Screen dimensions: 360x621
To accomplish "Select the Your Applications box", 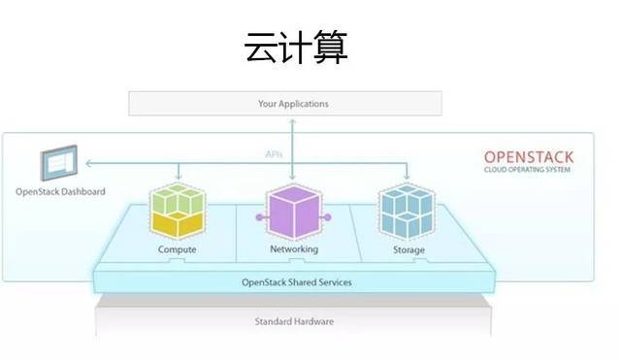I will [293, 103].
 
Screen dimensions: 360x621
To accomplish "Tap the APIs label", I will [274, 154].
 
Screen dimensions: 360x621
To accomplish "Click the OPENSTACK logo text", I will [528, 157].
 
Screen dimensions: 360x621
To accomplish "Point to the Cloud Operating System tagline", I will [528, 170].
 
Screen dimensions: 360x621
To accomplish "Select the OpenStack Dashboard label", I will [60, 191].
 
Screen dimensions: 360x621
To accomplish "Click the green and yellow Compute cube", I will [177, 208].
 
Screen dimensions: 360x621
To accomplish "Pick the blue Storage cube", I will [407, 210].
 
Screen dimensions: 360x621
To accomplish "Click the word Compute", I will [177, 250].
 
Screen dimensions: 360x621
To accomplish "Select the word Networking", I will [293, 250].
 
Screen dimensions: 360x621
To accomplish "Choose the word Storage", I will [408, 250].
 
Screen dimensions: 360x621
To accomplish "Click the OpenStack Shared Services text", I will [296, 282].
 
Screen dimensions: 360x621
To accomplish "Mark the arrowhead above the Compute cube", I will [177, 178].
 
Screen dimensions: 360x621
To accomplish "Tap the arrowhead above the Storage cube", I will [407, 178].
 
